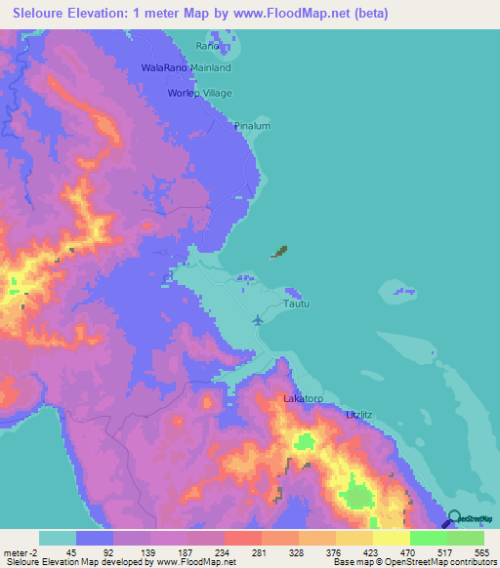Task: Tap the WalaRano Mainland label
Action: pos(186,68)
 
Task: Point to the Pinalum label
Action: pos(252,126)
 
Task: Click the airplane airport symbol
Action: pos(258,319)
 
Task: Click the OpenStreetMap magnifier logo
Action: pos(455,520)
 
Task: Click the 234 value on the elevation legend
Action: pos(223,551)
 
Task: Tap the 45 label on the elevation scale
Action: pos(71,551)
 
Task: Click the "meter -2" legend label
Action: pos(19,551)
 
